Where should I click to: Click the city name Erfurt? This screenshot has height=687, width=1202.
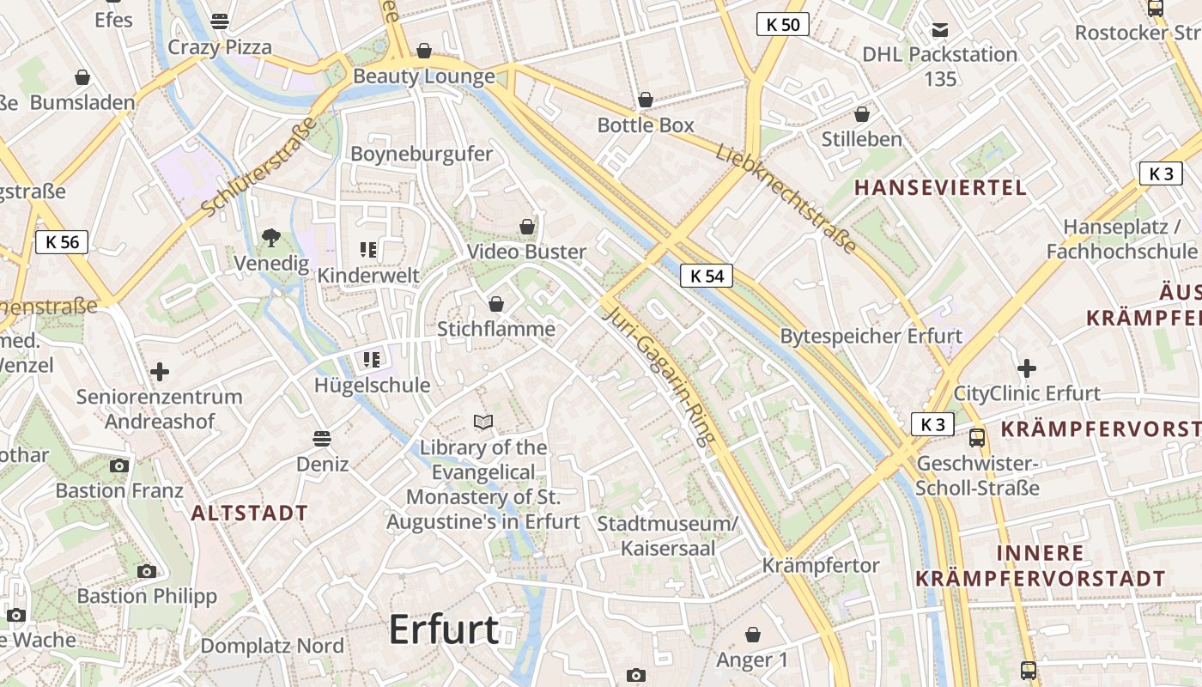[x=443, y=630]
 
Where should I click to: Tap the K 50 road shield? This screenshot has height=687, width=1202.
[x=783, y=24]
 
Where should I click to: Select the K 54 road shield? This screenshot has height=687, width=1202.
[x=707, y=276]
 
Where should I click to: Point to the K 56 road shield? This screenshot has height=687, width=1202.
[x=62, y=242]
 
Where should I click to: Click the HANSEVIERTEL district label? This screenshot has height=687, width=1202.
[x=940, y=188]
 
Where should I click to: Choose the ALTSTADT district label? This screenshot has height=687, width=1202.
[x=249, y=514]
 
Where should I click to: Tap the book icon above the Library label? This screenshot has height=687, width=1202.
[x=483, y=422]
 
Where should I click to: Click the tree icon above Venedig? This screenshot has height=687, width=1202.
[x=271, y=237]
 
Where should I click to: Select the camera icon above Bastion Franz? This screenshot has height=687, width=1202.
[x=119, y=465]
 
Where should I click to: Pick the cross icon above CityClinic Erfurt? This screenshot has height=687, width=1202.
[x=1027, y=369]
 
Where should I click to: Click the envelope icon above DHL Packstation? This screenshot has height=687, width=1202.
[x=940, y=30]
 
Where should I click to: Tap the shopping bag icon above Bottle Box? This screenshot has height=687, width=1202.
[x=646, y=100]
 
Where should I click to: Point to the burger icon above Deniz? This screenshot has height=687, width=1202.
[x=322, y=439]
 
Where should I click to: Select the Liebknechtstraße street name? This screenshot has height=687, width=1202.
[x=786, y=198]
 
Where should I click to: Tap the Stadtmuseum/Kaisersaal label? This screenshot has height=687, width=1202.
[x=667, y=535]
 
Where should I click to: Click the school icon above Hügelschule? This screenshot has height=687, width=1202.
[x=372, y=359]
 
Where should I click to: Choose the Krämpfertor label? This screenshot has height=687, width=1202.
[x=821, y=565]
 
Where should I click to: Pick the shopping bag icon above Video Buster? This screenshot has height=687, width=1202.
[x=527, y=227]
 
